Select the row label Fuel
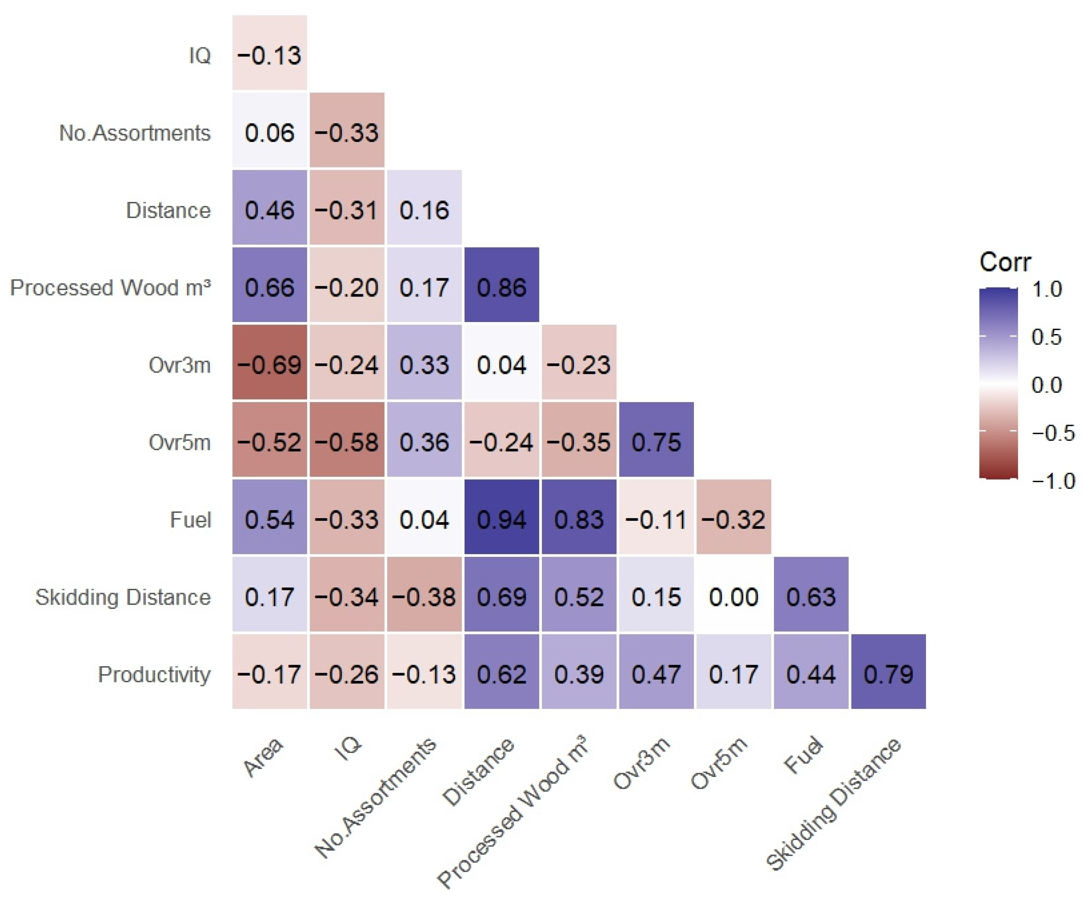(190, 520)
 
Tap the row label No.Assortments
(135, 133)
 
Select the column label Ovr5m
(719, 763)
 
